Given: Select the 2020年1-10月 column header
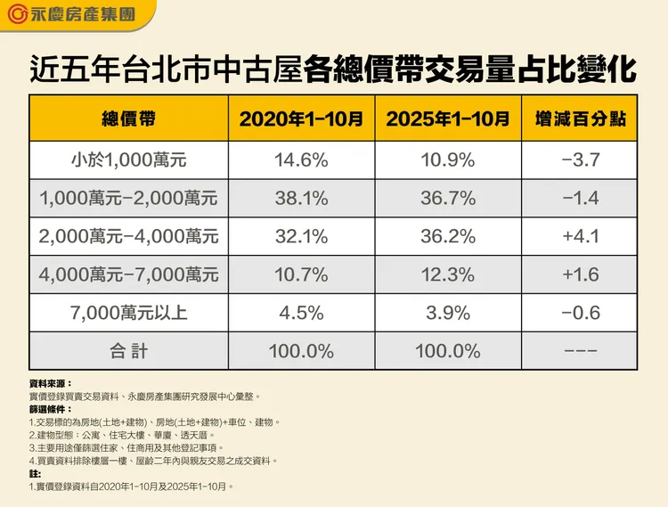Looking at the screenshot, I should [x=300, y=118].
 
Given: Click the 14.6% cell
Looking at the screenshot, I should [x=300, y=160].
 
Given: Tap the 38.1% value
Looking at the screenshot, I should [x=300, y=199].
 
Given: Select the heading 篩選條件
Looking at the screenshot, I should [x=50, y=409].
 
